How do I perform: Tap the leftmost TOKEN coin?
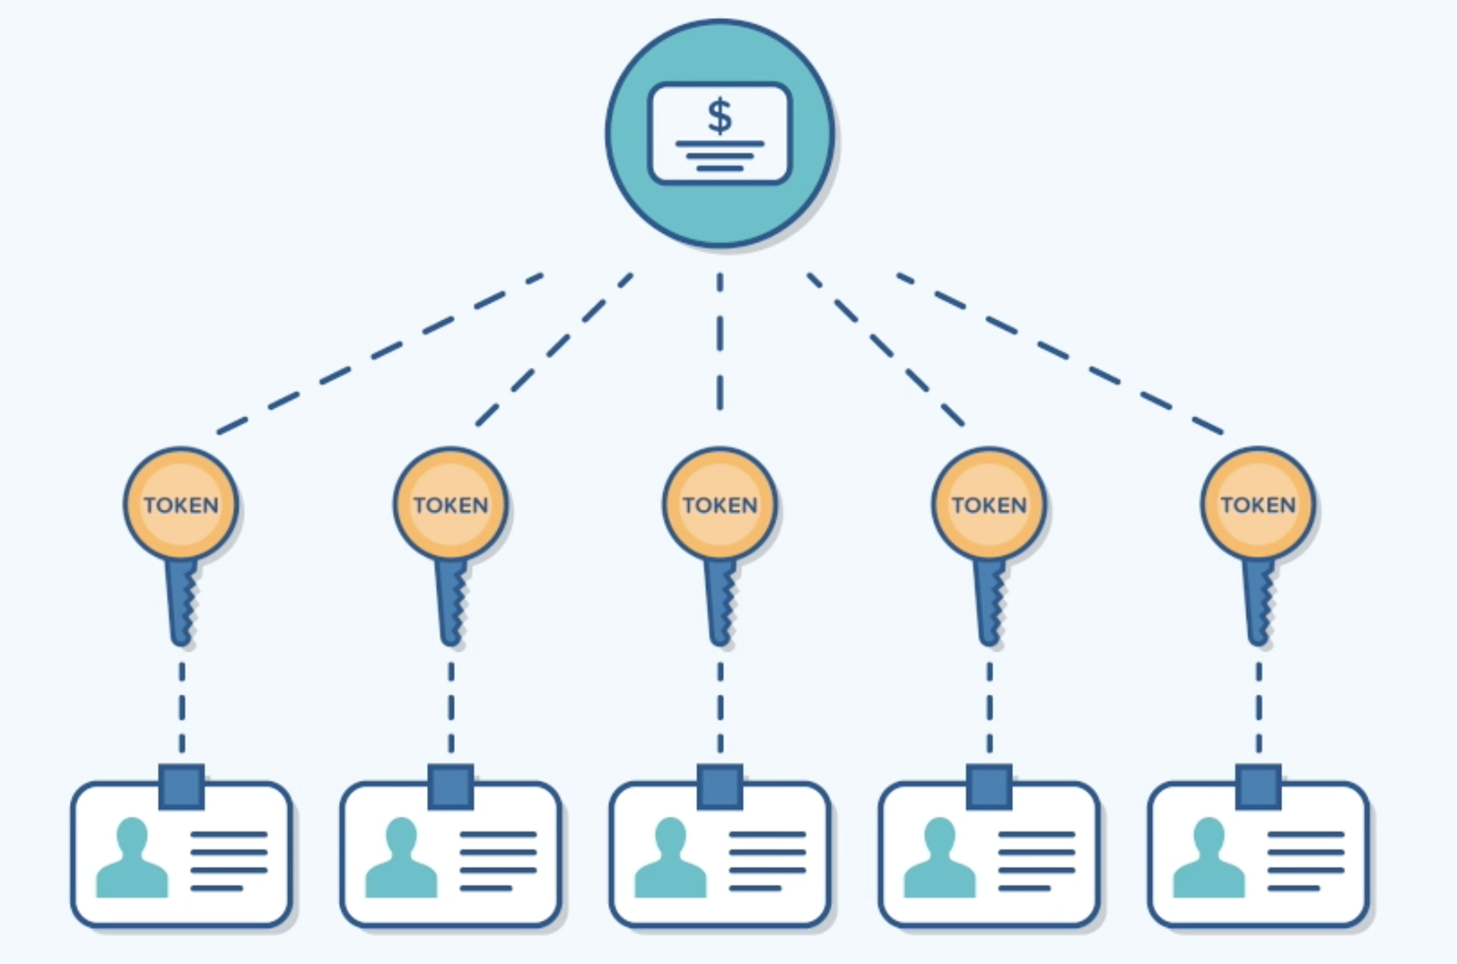tap(181, 504)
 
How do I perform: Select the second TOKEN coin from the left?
tap(450, 504)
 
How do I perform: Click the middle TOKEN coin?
tap(720, 504)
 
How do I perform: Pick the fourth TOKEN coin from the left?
tap(989, 504)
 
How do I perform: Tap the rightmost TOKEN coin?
tap(1258, 504)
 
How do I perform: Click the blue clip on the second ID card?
tap(450, 787)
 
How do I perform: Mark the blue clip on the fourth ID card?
tap(989, 787)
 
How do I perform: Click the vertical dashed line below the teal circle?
tap(720, 341)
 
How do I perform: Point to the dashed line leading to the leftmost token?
tap(377, 351)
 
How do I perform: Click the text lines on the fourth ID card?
tap(1036, 861)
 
